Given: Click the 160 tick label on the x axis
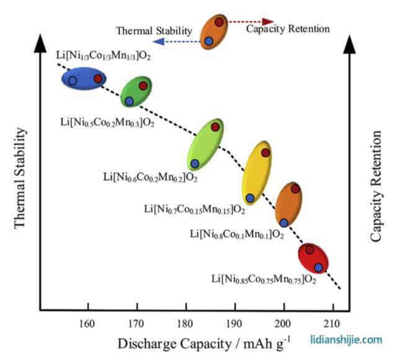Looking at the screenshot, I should pos(88,323).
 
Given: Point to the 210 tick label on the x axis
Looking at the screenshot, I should pos(332,323).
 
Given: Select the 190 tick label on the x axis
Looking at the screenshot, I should pos(235,323).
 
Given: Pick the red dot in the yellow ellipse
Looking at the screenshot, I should pos(265,153).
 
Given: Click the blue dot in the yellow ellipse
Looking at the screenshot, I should pos(250,198).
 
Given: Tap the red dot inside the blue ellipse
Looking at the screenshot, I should pos(98,78).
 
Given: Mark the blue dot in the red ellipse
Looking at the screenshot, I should pos(318,268).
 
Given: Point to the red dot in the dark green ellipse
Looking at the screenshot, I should pos(143,86).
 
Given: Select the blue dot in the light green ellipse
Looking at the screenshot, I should pos(195,163).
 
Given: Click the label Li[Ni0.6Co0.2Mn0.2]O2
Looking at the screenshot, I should pos(150,178).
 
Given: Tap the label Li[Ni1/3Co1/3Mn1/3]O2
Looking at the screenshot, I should pos(104,56).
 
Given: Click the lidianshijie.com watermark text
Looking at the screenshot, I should pos(346,339).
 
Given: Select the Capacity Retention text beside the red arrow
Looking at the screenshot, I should pos(288,29).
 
